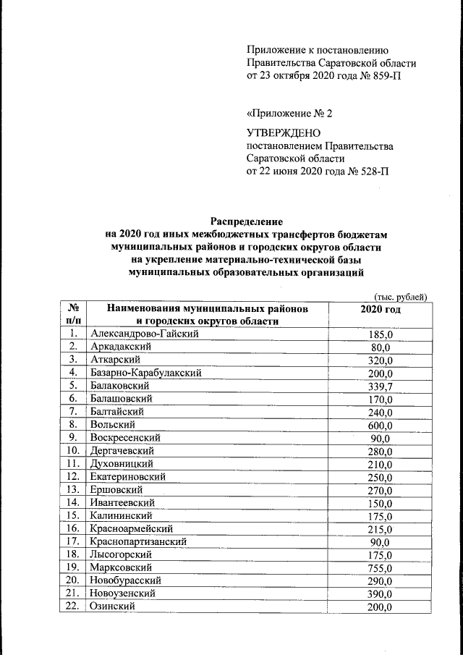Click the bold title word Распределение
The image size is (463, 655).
click(247, 220)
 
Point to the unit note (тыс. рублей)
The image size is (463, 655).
click(401, 296)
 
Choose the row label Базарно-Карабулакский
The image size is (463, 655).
click(145, 373)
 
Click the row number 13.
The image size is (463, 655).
click(72, 489)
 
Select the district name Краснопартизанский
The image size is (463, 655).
click(138, 541)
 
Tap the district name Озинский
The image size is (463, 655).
click(114, 607)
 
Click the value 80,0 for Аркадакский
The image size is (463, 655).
click(380, 347)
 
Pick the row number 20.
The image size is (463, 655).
click(72, 580)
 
